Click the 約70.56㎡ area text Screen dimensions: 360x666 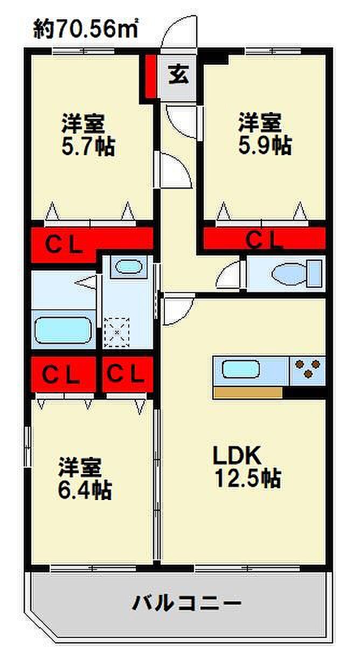pyautogui.click(x=85, y=29)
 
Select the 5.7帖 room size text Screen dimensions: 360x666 pyautogui.click(x=88, y=147)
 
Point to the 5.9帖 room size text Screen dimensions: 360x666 pyautogui.click(x=265, y=145)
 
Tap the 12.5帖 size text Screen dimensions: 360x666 pyautogui.click(x=248, y=478)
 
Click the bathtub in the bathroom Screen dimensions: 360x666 pyautogui.click(x=63, y=330)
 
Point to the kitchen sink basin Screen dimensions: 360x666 pyautogui.click(x=241, y=369)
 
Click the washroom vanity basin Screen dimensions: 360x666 pyautogui.click(x=128, y=267)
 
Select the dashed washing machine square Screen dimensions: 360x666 pyautogui.click(x=117, y=332)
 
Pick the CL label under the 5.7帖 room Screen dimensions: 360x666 pyautogui.click(x=64, y=245)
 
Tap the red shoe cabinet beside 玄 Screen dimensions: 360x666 pyautogui.click(x=151, y=77)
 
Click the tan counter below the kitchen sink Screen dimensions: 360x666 pyautogui.click(x=247, y=393)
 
